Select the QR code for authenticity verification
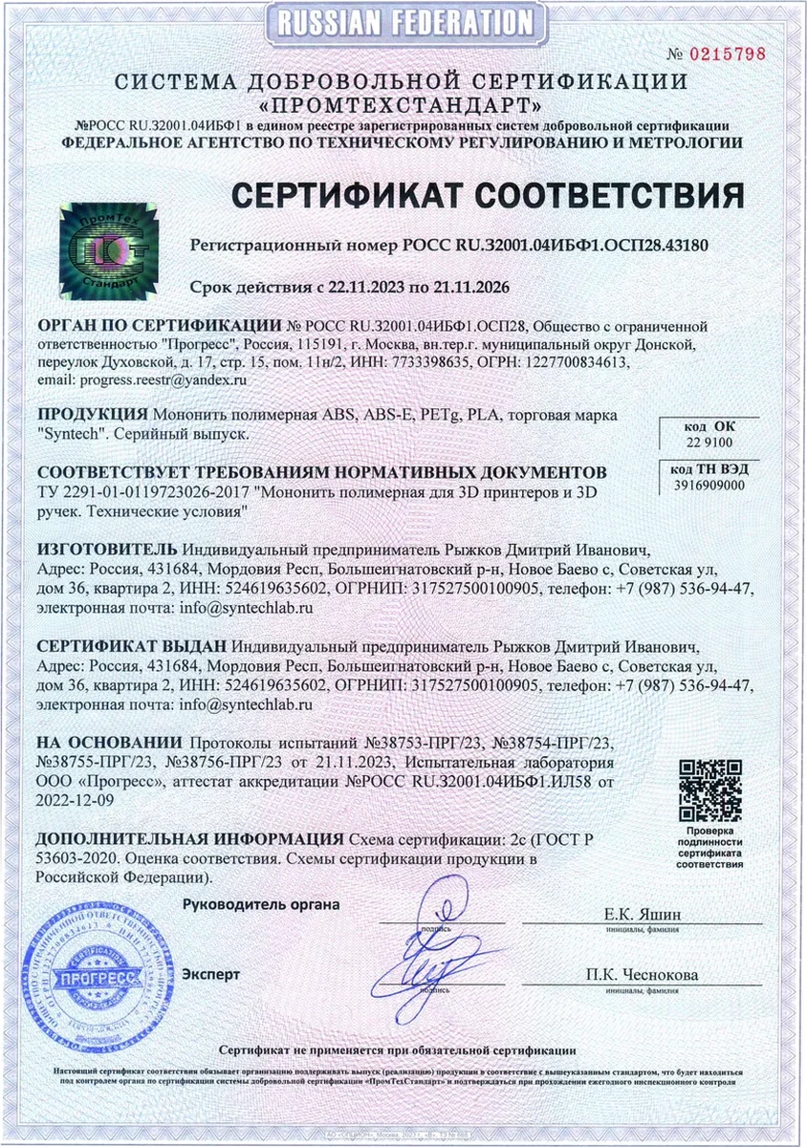pos(710,790)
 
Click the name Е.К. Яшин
pos(643,915)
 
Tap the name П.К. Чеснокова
pos(643,975)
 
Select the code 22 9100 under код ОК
pos(709,443)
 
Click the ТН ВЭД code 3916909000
pos(709,486)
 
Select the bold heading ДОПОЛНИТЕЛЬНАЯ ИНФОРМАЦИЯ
pos(189,839)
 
